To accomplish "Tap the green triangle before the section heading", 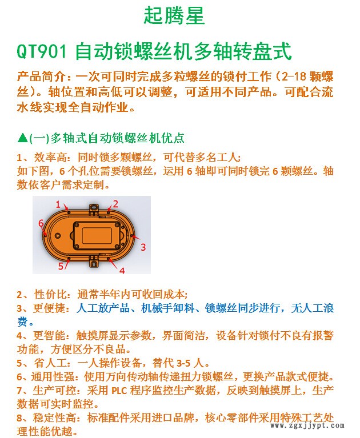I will click(22, 138).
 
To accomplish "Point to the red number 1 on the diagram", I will click(58, 204).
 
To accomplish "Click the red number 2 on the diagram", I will click(115, 203).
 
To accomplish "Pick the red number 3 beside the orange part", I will click(143, 247).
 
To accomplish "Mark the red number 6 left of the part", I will click(41, 223).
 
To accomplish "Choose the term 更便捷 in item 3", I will click(48, 308).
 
